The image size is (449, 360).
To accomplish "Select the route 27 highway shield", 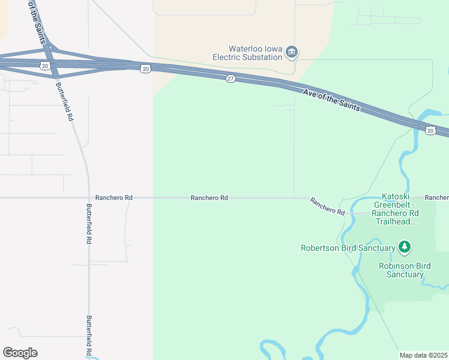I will pyautogui.click(x=231, y=79).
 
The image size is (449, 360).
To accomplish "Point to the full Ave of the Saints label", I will pyautogui.click(x=331, y=100).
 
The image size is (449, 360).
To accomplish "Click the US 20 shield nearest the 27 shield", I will pyautogui.click(x=146, y=69).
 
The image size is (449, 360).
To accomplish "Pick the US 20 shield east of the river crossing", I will pyautogui.click(x=430, y=130).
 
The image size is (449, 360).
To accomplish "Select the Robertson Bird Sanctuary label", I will pyautogui.click(x=348, y=247).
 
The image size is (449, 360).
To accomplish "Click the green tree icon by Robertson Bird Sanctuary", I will pyautogui.click(x=405, y=247).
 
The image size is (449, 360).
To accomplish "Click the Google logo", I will pyautogui.click(x=20, y=353).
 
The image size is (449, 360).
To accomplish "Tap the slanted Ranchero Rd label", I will pyautogui.click(x=327, y=206).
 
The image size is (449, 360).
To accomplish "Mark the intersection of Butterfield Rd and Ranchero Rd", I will pyautogui.click(x=89, y=197).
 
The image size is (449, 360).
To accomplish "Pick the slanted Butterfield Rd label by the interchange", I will pyautogui.click(x=65, y=101).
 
